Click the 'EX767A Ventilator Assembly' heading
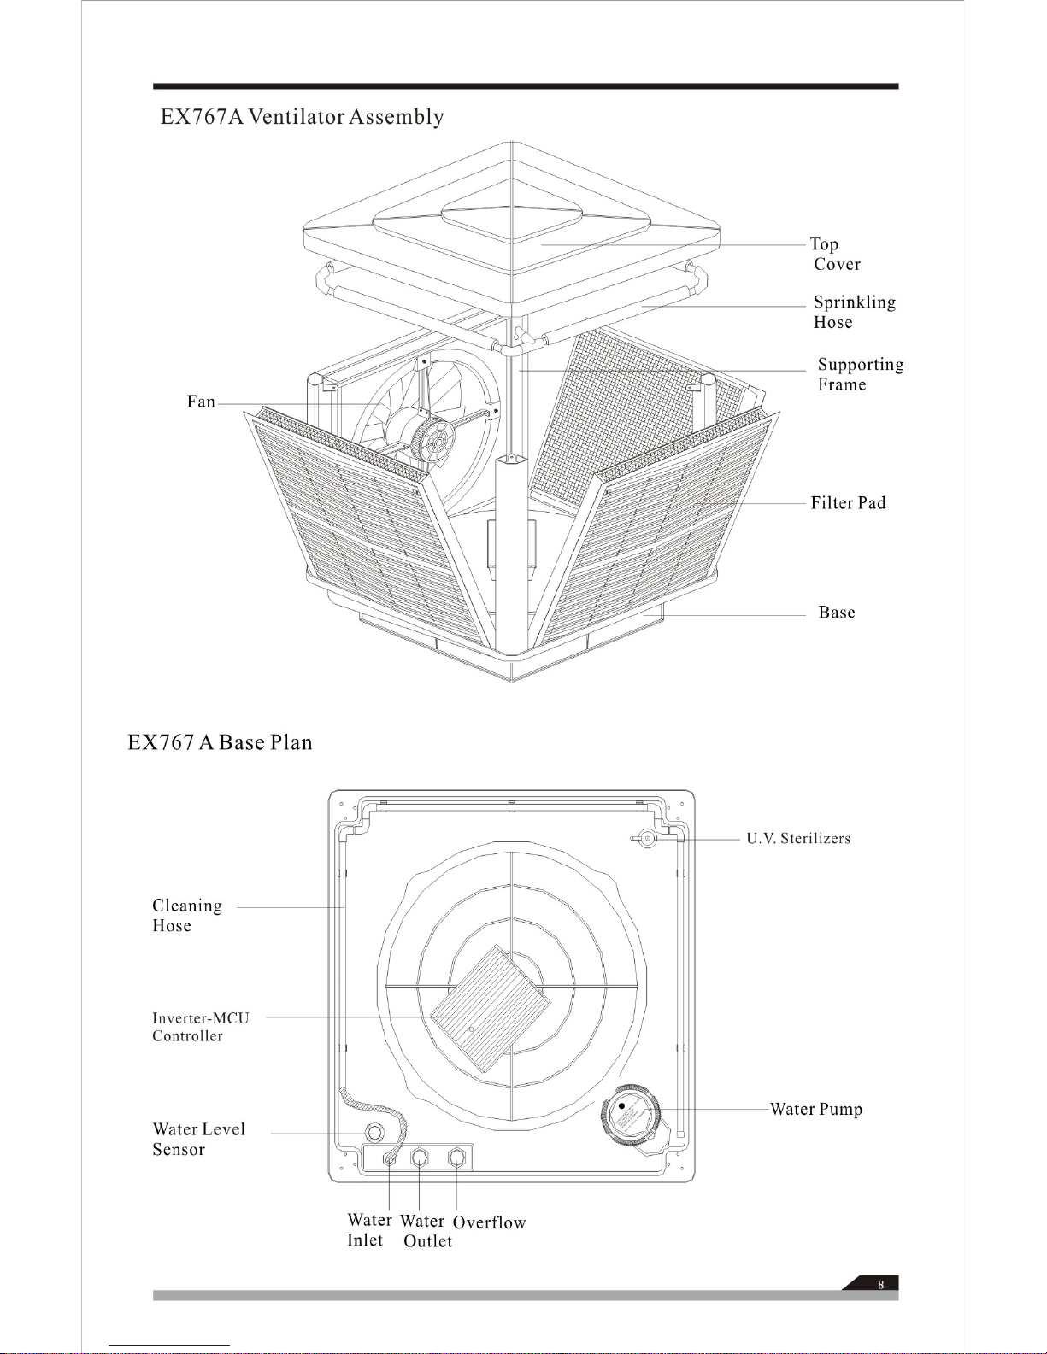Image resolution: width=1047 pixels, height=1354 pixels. (302, 117)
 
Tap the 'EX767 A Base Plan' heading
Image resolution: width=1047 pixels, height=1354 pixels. (220, 742)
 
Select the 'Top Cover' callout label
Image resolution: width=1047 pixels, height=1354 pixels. (835, 254)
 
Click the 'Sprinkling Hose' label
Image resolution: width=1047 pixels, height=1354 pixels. (854, 312)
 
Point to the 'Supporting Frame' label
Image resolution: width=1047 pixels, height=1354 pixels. (860, 374)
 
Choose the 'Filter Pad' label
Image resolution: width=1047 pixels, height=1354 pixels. (848, 503)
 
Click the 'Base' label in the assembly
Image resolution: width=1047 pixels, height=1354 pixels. (836, 613)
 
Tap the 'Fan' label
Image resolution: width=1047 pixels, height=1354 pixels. (201, 402)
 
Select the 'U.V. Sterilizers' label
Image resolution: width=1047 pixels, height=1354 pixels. (798, 839)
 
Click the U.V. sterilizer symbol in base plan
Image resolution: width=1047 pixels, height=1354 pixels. (648, 839)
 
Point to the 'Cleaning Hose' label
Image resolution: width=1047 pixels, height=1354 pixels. (187, 915)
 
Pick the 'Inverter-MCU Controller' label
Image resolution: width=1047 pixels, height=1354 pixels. (201, 1027)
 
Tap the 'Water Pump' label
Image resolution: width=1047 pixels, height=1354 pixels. (816, 1109)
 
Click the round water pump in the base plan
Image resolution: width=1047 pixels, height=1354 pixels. (631, 1115)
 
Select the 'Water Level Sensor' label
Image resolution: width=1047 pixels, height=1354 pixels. (198, 1139)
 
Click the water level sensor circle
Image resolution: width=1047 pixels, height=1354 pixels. (374, 1133)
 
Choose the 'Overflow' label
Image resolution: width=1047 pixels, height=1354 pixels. (489, 1222)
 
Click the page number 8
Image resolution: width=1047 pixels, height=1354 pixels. (881, 1284)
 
